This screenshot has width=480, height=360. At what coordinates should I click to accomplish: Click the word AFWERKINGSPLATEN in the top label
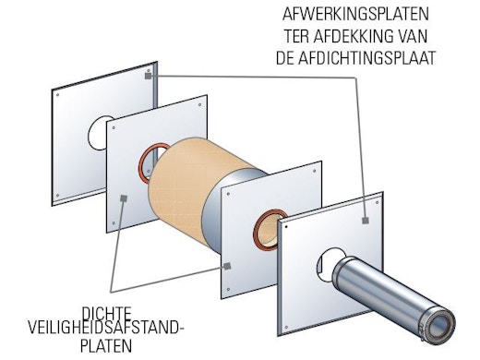pyautogui.click(x=355, y=14)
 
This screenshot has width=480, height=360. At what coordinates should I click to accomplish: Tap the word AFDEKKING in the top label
pyautogui.click(x=352, y=36)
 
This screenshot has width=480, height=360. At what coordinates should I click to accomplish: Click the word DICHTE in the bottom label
pyautogui.click(x=106, y=314)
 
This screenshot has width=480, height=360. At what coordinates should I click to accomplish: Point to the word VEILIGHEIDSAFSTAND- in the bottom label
pyautogui.click(x=106, y=328)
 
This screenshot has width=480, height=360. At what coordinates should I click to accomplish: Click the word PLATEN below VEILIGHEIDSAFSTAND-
pyautogui.click(x=106, y=345)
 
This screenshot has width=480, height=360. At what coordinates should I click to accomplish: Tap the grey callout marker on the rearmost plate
pyautogui.click(x=149, y=76)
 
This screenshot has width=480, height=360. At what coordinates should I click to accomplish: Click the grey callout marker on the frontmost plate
pyautogui.click(x=366, y=220)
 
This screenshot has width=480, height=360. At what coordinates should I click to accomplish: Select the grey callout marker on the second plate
pyautogui.click(x=124, y=198)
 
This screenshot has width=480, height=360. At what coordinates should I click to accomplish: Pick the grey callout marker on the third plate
pyautogui.click(x=227, y=266)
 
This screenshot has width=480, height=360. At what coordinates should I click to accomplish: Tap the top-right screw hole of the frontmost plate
pyautogui.click(x=378, y=203)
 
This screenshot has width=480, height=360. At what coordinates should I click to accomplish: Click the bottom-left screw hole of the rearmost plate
pyautogui.click(x=57, y=196)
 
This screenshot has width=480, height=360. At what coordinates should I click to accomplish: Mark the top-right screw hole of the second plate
pyautogui.click(x=199, y=105)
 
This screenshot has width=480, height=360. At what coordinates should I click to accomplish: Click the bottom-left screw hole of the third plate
pyautogui.click(x=228, y=289)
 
